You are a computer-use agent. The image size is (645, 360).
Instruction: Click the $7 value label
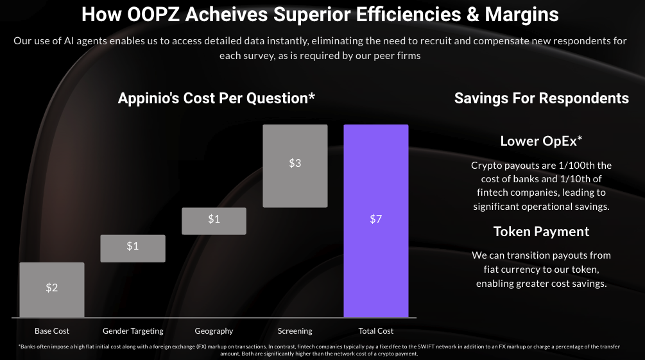click(x=376, y=219)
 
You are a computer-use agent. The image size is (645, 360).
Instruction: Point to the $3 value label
click(x=295, y=163)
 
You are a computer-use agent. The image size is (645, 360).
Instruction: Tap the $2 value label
click(x=52, y=287)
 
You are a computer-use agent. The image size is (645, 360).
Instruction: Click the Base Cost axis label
click(x=52, y=331)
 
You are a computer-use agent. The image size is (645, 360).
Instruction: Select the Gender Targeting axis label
click(x=133, y=331)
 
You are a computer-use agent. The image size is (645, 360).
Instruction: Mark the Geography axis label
click(x=214, y=331)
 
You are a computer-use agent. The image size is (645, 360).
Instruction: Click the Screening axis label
click(x=295, y=331)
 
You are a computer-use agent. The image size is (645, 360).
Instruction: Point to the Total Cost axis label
click(x=376, y=331)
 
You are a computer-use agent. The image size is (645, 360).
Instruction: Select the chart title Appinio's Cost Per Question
click(x=216, y=98)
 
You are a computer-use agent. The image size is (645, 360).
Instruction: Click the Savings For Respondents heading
click(x=542, y=98)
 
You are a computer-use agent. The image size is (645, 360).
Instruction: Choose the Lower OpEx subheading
click(x=541, y=141)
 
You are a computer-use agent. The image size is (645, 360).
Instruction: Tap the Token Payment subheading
click(x=541, y=232)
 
